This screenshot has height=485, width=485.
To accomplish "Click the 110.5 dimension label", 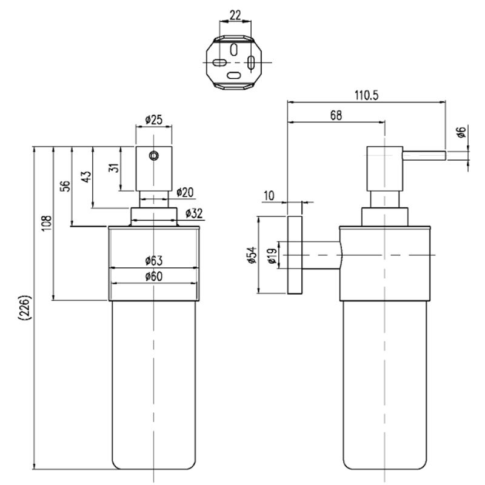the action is pos(366,95).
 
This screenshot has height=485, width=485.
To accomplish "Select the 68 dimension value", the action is pos(336,115).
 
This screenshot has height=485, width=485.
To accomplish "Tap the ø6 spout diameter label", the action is pos(461,132).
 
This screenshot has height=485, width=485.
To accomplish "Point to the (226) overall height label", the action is pos(25,308).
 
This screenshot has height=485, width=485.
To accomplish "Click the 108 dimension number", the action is pos(47,224).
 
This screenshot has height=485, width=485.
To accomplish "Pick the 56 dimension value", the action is pos(65,186).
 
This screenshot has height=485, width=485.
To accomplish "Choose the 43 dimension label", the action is pos(86,176).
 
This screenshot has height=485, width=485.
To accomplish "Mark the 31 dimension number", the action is pos(115,168).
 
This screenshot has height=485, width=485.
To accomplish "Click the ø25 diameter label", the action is pos(154,119).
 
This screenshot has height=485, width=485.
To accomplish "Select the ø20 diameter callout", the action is pos(185,192).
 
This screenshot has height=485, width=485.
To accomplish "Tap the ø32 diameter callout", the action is pos(194,213).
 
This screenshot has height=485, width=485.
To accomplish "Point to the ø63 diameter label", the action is pos(154,261).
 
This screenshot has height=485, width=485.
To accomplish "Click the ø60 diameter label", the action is pos(154,276).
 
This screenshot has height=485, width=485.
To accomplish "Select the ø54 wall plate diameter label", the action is pos(252,255).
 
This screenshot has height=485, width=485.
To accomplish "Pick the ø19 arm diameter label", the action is pos(272,256).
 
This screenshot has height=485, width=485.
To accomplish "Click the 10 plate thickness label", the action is pos(269,195).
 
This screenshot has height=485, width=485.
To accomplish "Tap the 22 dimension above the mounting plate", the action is pos(235,15).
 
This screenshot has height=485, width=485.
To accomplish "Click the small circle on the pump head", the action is pos(154,156).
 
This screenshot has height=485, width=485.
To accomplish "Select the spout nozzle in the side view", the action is pos(424,156).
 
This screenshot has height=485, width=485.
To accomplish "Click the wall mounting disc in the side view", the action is pos(295,255).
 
